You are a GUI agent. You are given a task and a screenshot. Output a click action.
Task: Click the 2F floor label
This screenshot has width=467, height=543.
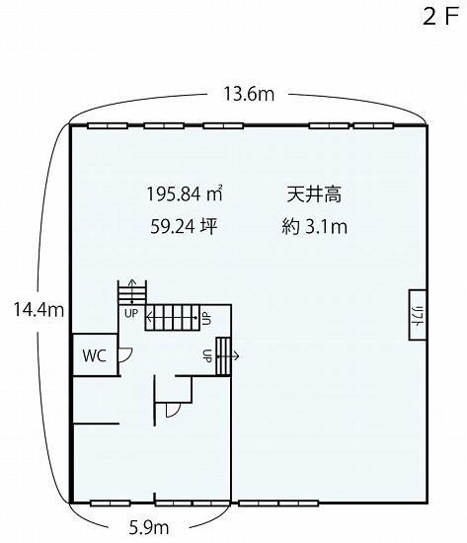440,16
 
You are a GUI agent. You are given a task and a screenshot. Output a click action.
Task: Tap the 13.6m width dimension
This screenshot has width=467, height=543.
249,94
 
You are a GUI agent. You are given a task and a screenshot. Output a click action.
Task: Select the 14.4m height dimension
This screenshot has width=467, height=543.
39,309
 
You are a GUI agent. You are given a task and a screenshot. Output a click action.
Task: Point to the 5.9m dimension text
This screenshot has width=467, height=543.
149,528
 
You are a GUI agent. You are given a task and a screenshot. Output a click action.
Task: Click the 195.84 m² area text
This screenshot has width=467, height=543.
185,194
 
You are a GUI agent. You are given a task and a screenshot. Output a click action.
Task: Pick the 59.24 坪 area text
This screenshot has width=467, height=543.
184,226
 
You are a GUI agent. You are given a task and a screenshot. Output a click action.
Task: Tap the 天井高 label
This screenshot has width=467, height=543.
314,194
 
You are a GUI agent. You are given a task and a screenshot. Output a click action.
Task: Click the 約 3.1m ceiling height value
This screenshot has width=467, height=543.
314,226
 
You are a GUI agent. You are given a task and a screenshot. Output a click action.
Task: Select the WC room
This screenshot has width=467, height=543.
94,354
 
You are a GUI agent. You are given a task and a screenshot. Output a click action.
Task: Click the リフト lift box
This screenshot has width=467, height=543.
417,314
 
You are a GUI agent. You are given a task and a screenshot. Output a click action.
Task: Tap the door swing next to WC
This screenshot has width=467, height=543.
125,355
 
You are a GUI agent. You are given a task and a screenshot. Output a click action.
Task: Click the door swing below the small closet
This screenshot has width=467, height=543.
173,410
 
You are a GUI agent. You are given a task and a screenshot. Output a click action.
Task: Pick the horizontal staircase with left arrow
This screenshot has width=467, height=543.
173,318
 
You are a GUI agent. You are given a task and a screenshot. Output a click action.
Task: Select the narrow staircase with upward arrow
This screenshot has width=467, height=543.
132,292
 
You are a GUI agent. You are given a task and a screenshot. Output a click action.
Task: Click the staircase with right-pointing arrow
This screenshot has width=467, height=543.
223,356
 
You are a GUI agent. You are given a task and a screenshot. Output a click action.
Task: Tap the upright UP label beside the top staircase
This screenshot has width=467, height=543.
131,314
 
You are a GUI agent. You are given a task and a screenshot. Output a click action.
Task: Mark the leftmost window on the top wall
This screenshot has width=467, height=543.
108,125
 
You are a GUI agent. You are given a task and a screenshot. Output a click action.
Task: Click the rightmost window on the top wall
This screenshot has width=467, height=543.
373,125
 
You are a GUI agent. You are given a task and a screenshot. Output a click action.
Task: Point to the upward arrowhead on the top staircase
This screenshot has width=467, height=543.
132,280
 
